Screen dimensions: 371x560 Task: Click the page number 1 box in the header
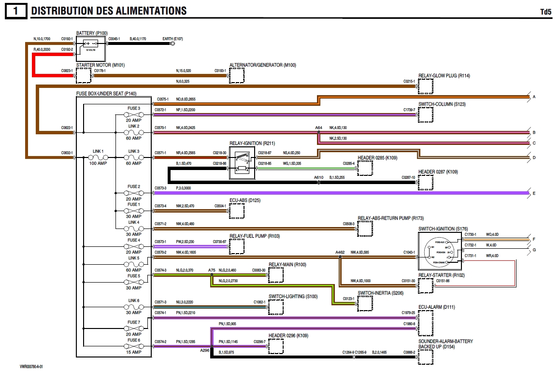click(16, 11)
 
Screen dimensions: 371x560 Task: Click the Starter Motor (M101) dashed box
click(84, 75)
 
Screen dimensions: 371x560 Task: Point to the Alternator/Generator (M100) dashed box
click(236, 75)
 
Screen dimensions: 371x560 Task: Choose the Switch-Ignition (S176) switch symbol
click(440, 251)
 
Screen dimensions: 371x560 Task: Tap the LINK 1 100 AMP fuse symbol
click(99, 157)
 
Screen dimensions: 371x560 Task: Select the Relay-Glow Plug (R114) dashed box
click(425, 86)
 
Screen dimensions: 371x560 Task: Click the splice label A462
click(340, 253)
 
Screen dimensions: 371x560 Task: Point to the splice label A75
click(212, 270)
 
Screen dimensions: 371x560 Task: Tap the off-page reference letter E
click(534, 193)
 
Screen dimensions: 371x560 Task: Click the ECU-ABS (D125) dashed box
click(236, 211)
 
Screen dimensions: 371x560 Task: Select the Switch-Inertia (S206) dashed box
click(365, 303)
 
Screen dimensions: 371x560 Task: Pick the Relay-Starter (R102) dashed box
click(425, 286)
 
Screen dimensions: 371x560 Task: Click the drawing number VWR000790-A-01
click(31, 367)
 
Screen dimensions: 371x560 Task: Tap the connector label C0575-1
click(162, 100)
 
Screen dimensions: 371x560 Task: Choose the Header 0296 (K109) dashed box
click(276, 346)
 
